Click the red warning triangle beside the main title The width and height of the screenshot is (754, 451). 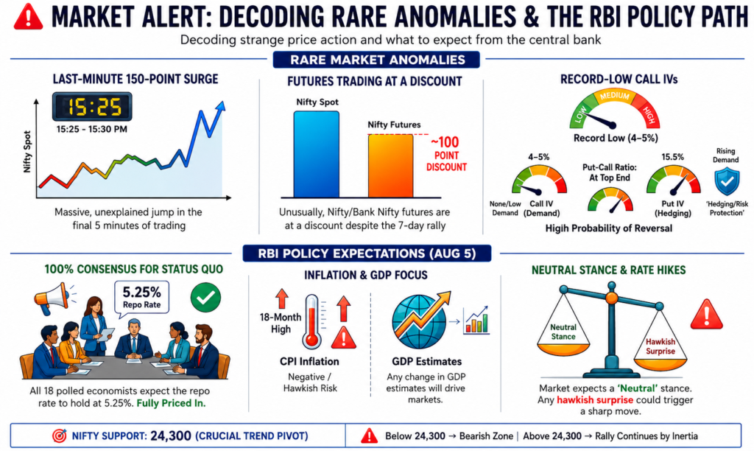[x=29, y=18]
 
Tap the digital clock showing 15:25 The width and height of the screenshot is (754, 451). [x=92, y=106]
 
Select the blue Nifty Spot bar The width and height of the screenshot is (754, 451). [x=317, y=154]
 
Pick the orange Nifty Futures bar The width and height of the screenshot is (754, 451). [x=390, y=166]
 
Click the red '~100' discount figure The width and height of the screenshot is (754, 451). [x=445, y=142]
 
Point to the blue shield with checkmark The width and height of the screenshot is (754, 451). [x=727, y=181]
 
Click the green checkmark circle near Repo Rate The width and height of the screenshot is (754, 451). [x=206, y=298]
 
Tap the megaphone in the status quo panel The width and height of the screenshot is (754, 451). [x=53, y=298]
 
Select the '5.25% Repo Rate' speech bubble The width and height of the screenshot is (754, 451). [x=141, y=298]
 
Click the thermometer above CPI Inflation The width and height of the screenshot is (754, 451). [x=311, y=321]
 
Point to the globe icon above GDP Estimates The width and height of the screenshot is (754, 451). [x=417, y=321]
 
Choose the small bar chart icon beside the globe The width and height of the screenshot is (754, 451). [x=476, y=321]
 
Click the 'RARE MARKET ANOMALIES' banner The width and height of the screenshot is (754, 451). [x=376, y=60]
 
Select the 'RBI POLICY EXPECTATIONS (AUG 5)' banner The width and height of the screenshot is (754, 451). [x=367, y=254]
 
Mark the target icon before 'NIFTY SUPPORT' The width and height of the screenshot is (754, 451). [x=60, y=436]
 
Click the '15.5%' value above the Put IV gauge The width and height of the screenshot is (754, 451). [x=672, y=157]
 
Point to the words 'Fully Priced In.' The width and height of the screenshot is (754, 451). [x=171, y=403]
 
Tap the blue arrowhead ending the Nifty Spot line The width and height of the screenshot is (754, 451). [x=220, y=107]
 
